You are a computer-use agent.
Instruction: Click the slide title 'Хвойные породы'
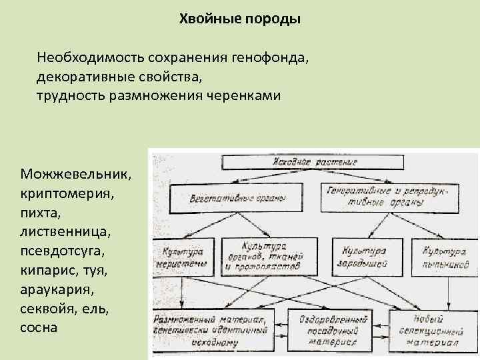pyautogui.click(x=240, y=19)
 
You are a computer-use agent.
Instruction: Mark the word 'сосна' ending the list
pyautogui.click(x=39, y=328)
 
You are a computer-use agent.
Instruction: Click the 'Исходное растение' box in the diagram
pyautogui.click(x=311, y=162)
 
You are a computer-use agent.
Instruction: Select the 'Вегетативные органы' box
pyautogui.click(x=227, y=198)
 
